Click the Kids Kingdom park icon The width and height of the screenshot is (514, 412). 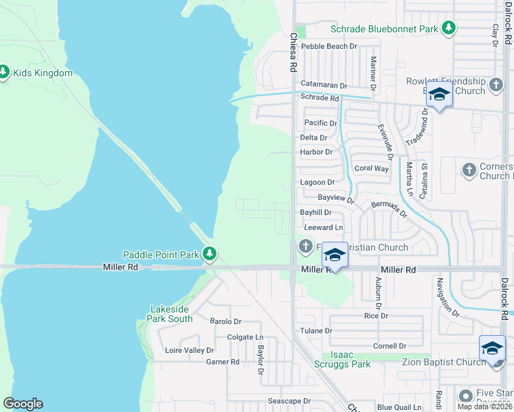pyautogui.click(x=3, y=72)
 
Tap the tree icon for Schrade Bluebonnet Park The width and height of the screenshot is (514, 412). pyautogui.click(x=449, y=28)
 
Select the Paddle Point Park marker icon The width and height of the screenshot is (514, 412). pyautogui.click(x=209, y=255)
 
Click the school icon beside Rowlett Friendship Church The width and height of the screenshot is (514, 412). pyautogui.click(x=439, y=94)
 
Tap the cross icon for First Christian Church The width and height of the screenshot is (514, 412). pyautogui.click(x=306, y=246)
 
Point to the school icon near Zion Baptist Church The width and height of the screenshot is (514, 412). pyautogui.click(x=492, y=348)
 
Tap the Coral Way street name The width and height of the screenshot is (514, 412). pyautogui.click(x=371, y=168)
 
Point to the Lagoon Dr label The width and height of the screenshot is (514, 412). pyautogui.click(x=317, y=183)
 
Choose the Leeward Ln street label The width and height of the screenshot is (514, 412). pyautogui.click(x=323, y=227)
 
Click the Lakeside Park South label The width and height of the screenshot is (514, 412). pyautogui.click(x=170, y=314)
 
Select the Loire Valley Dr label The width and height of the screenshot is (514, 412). pyautogui.click(x=190, y=350)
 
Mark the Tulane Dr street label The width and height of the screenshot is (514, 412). pyautogui.click(x=316, y=330)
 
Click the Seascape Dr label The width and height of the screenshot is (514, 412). pyautogui.click(x=291, y=401)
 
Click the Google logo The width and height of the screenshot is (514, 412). pyautogui.click(x=23, y=404)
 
